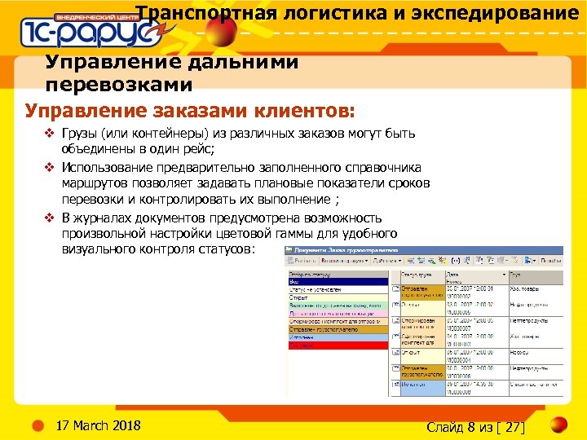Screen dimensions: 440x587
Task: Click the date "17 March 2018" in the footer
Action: click(x=97, y=426)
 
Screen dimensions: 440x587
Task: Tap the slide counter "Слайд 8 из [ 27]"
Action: click(x=476, y=427)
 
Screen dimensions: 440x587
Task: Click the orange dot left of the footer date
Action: click(x=38, y=425)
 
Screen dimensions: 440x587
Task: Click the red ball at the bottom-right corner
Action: click(x=558, y=425)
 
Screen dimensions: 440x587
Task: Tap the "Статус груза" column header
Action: click(x=417, y=275)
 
